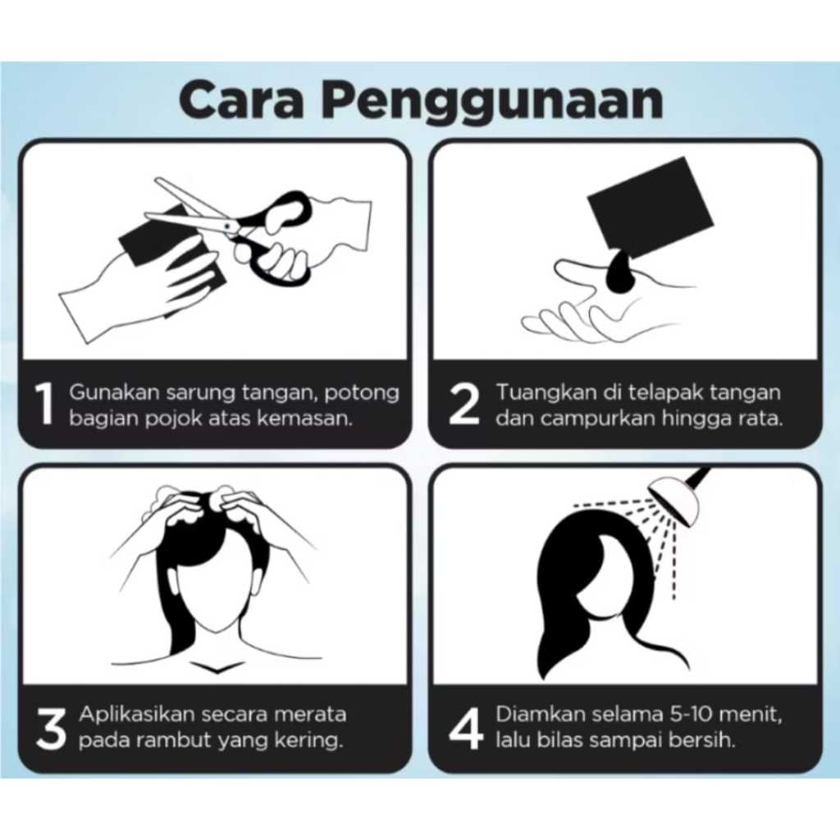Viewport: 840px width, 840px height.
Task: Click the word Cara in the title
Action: pos(240,99)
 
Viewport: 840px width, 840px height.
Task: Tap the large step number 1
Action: pos(44,404)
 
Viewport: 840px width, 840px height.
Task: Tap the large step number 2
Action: pos(463,404)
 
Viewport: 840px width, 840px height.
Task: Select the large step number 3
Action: pos(51,727)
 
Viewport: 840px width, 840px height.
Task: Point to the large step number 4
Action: pos(466,727)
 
